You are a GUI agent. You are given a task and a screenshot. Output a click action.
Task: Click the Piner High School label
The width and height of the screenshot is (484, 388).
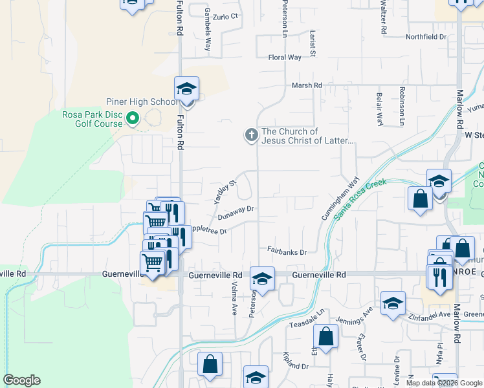coord(142,102)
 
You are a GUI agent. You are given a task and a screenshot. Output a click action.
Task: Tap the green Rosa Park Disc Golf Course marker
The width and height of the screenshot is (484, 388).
coord(133,118)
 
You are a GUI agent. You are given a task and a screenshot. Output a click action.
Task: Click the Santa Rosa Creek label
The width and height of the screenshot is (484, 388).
coord(360,199)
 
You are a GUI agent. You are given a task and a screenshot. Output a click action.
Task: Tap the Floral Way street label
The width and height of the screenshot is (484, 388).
coord(285,58)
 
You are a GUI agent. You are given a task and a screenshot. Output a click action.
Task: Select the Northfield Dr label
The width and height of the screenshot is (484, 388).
coord(426,37)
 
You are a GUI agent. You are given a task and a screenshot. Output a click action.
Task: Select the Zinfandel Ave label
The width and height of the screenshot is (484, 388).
coord(430,314)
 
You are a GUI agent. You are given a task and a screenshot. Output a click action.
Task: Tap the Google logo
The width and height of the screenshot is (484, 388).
coord(21,380)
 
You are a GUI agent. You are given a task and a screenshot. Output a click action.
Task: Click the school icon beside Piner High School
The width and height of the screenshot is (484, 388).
coord(186,89)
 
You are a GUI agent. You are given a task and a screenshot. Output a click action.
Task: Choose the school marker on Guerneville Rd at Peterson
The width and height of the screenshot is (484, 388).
coord(262,279)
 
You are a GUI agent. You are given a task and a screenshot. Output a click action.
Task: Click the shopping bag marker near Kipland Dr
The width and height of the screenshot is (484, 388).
coord(325,337)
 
